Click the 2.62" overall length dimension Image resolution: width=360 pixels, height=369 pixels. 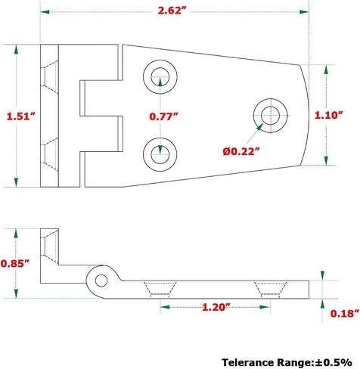click(172, 11)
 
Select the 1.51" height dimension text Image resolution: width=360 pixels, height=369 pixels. click(21, 116)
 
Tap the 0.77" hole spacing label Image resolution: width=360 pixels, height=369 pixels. click(163, 116)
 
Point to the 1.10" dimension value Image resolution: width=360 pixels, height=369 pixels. click(329, 115)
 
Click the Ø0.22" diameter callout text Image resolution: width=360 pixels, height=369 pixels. click(241, 151)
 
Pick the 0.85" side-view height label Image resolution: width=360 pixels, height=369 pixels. click(15, 263)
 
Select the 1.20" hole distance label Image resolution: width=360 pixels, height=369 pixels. click(216, 307)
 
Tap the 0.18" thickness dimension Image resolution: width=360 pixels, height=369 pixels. click(345, 313)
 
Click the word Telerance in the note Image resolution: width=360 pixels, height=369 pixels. click(248, 362)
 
